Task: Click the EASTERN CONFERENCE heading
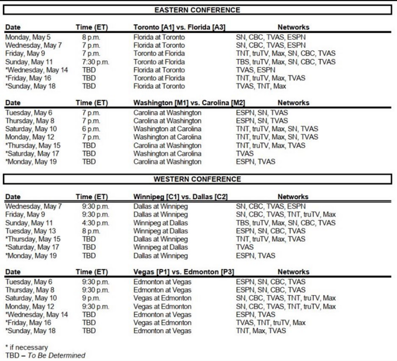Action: (197, 10)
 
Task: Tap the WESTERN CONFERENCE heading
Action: (197, 179)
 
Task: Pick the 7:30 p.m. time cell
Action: (95, 62)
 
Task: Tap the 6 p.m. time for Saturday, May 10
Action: (91, 129)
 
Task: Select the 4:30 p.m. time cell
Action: (95, 223)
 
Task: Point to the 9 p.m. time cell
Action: (91, 298)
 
